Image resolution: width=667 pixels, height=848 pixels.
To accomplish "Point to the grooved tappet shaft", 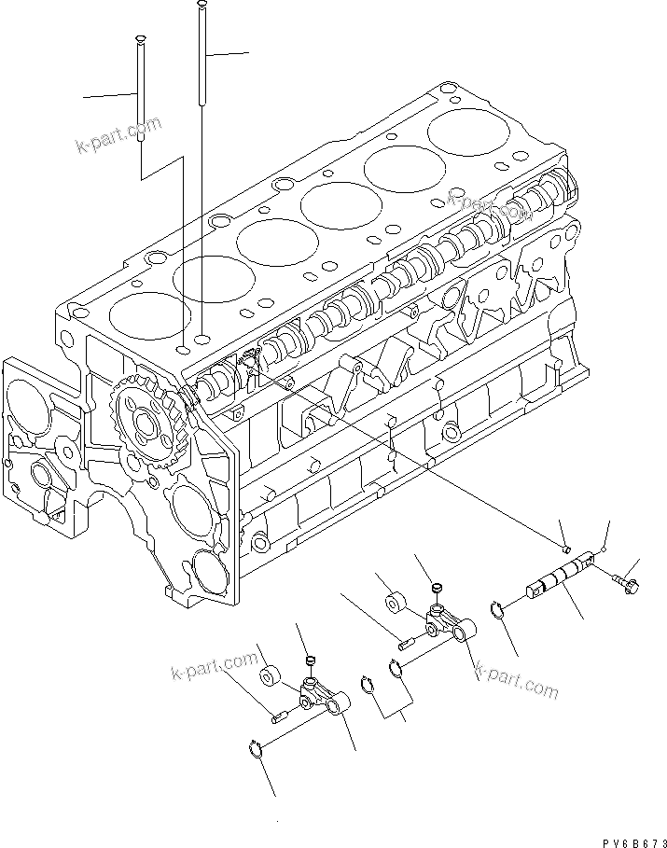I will (x=559, y=579).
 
